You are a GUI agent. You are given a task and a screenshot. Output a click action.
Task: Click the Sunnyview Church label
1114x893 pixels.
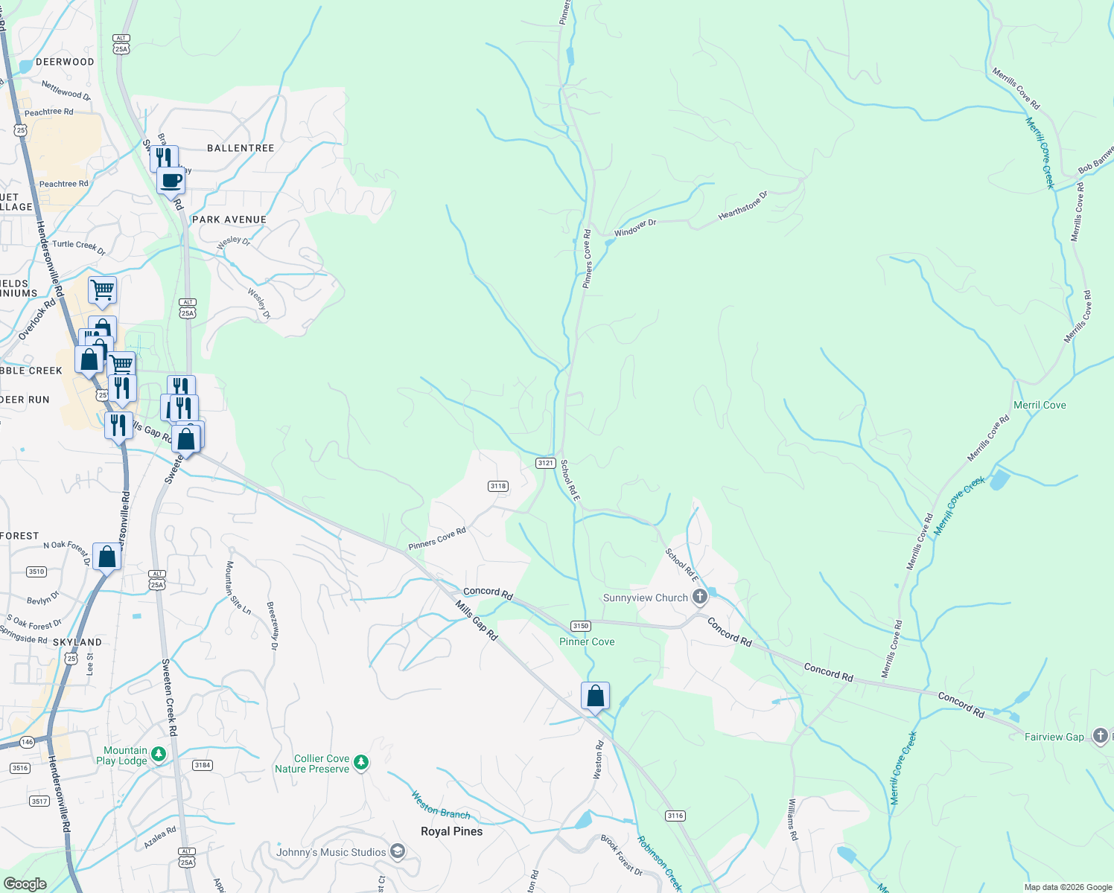coord(645,598)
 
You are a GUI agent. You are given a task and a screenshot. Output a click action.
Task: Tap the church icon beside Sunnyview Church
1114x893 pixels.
coord(699,596)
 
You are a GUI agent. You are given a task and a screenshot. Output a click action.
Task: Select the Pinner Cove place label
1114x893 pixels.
coord(587,641)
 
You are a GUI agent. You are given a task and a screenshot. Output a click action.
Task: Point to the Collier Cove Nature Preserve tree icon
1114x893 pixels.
coord(361,762)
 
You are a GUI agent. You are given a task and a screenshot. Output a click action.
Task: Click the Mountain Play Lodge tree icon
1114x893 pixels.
coord(158,755)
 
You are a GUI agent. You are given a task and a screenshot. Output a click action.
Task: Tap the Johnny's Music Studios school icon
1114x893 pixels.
coord(398,851)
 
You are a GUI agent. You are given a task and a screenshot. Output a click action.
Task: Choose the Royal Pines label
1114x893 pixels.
coord(451,831)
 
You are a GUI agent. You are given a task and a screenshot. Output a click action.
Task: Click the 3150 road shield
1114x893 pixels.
coord(580,626)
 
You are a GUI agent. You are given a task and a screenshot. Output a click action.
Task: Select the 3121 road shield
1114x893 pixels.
coord(545,463)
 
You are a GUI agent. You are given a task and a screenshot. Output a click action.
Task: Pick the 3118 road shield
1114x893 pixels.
coord(497,486)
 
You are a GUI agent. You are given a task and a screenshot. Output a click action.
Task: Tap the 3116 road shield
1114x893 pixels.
coord(675,816)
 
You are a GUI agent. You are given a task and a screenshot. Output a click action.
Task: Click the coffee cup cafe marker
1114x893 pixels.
coord(171,180)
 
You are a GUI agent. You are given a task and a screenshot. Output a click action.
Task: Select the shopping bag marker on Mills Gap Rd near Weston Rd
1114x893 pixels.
coord(595,697)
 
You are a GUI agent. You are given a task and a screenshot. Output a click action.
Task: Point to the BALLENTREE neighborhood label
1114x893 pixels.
coord(241,148)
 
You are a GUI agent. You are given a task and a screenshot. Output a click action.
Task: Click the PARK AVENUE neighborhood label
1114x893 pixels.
coord(229,220)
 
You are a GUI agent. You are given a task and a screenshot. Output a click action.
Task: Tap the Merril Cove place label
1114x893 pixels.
coord(1040,405)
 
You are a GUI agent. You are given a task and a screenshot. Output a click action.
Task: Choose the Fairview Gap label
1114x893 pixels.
coord(1054,737)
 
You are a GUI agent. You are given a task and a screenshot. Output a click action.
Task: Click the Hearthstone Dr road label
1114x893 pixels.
coord(742,206)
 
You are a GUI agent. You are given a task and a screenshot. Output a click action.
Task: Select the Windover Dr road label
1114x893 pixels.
coord(634,228)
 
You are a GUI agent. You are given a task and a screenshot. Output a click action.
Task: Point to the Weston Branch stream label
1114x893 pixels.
coord(441,805)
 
